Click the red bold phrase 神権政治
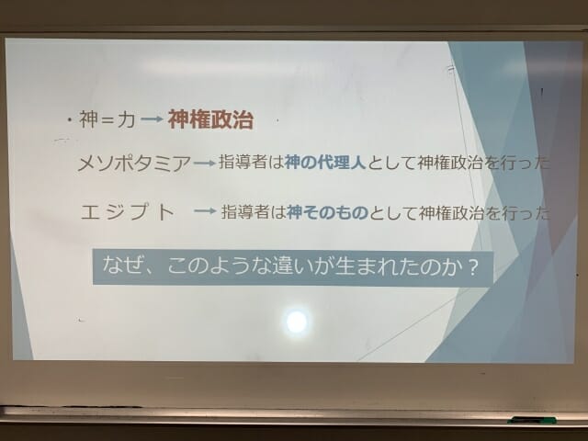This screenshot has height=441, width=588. tap(210, 119)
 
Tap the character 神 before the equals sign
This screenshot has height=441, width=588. tap(88, 119)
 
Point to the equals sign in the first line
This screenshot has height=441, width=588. tap(107, 120)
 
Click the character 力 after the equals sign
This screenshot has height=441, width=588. tap(126, 120)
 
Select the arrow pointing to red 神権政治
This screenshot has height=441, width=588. tap(153, 119)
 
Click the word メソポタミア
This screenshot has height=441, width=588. tap(134, 164)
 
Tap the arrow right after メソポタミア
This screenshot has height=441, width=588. tap(204, 164)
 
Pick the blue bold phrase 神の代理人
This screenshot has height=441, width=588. tap(324, 163)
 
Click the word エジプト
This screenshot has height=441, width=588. tap(128, 212)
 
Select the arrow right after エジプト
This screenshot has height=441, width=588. tap(205, 211)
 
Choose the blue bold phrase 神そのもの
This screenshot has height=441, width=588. tap(327, 212)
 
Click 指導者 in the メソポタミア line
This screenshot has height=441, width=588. tap(243, 163)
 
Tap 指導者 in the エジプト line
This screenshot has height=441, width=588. tap(245, 212)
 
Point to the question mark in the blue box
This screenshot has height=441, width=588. tap(474, 268)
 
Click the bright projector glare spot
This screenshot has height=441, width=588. tap(297, 322)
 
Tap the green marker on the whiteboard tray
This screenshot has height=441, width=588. tap(533, 420)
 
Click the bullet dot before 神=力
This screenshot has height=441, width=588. tap(70, 120)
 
